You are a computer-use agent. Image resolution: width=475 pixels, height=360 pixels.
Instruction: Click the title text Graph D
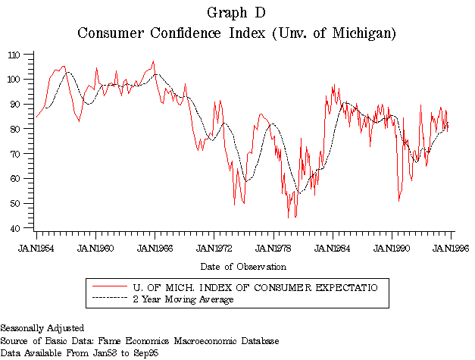[x=236, y=14]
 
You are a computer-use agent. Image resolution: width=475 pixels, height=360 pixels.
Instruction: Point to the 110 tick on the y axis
[x=14, y=55]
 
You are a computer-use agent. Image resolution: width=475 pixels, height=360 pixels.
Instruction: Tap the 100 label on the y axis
[x=14, y=80]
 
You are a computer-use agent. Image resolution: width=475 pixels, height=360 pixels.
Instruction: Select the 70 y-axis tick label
[x=16, y=154]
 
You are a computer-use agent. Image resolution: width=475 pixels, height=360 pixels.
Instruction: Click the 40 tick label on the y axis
[x=16, y=228]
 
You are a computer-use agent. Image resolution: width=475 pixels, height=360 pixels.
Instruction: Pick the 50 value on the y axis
[x=16, y=203]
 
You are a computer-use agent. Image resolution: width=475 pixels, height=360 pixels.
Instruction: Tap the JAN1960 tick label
[x=95, y=247]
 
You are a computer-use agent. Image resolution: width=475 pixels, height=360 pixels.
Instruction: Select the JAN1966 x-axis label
[x=155, y=247]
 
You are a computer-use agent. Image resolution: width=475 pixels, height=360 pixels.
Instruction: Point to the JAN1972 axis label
[x=214, y=247]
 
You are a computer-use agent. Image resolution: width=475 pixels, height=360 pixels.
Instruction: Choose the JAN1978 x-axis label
[x=273, y=247]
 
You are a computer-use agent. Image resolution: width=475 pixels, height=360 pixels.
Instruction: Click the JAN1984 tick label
[x=333, y=247]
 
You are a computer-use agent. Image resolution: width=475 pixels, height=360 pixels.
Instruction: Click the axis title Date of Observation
[x=243, y=267]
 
